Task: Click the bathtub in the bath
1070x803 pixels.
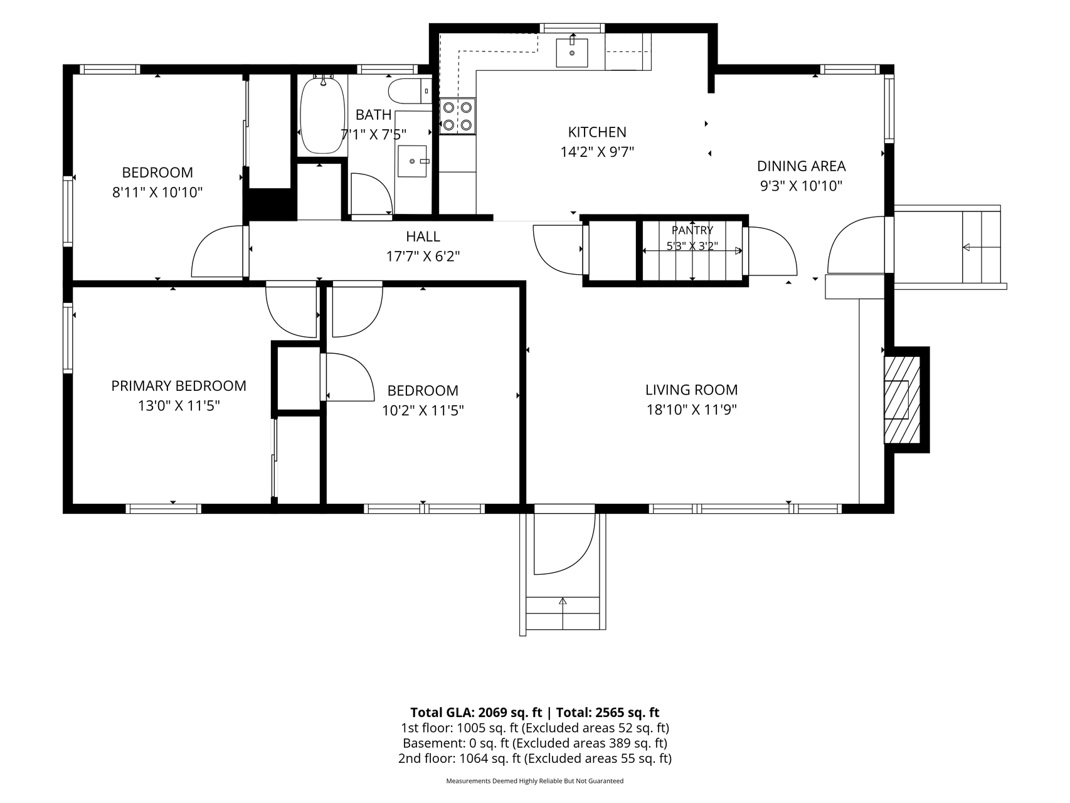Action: (322, 115)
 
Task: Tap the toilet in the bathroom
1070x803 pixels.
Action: (410, 92)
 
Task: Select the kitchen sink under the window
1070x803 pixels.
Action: (572, 53)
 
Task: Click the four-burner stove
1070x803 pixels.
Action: (457, 116)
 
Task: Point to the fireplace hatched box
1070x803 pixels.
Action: (902, 400)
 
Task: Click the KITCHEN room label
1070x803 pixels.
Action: (597, 132)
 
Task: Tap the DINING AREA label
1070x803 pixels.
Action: (801, 166)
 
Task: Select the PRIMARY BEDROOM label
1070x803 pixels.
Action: (179, 386)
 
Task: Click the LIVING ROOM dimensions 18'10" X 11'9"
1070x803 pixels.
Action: (691, 410)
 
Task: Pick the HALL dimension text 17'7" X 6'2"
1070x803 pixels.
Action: (423, 256)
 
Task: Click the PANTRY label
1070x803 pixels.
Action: (692, 230)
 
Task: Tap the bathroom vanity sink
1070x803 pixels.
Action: (412, 161)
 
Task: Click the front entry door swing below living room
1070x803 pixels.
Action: (564, 543)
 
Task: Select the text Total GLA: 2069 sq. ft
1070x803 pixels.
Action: (476, 712)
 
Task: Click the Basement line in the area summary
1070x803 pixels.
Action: (534, 743)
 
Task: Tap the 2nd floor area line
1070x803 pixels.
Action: (534, 758)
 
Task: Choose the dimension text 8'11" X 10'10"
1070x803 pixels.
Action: (157, 192)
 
